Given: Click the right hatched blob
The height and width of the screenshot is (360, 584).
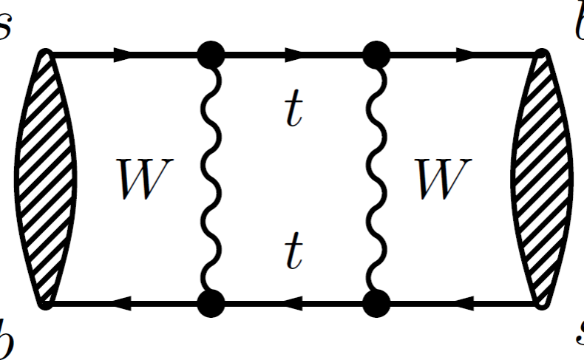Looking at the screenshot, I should click(542, 178).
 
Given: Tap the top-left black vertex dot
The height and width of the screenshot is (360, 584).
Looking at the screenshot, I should click(211, 54).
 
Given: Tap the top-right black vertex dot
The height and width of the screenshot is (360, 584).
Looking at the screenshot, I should click(376, 54).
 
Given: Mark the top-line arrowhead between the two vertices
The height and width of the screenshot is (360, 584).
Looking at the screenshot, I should click(293, 54).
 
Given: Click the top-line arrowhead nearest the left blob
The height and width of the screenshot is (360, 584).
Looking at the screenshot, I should click(123, 54).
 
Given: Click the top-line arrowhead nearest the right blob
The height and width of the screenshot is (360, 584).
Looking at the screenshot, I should click(465, 54).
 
